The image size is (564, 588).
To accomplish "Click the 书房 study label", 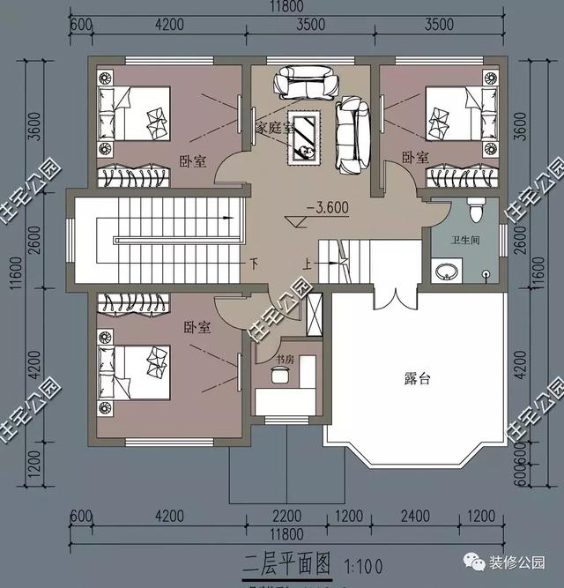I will point(284,359).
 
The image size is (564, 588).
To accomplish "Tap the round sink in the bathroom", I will point(446,271).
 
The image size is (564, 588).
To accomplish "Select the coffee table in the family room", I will point(308,138).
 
